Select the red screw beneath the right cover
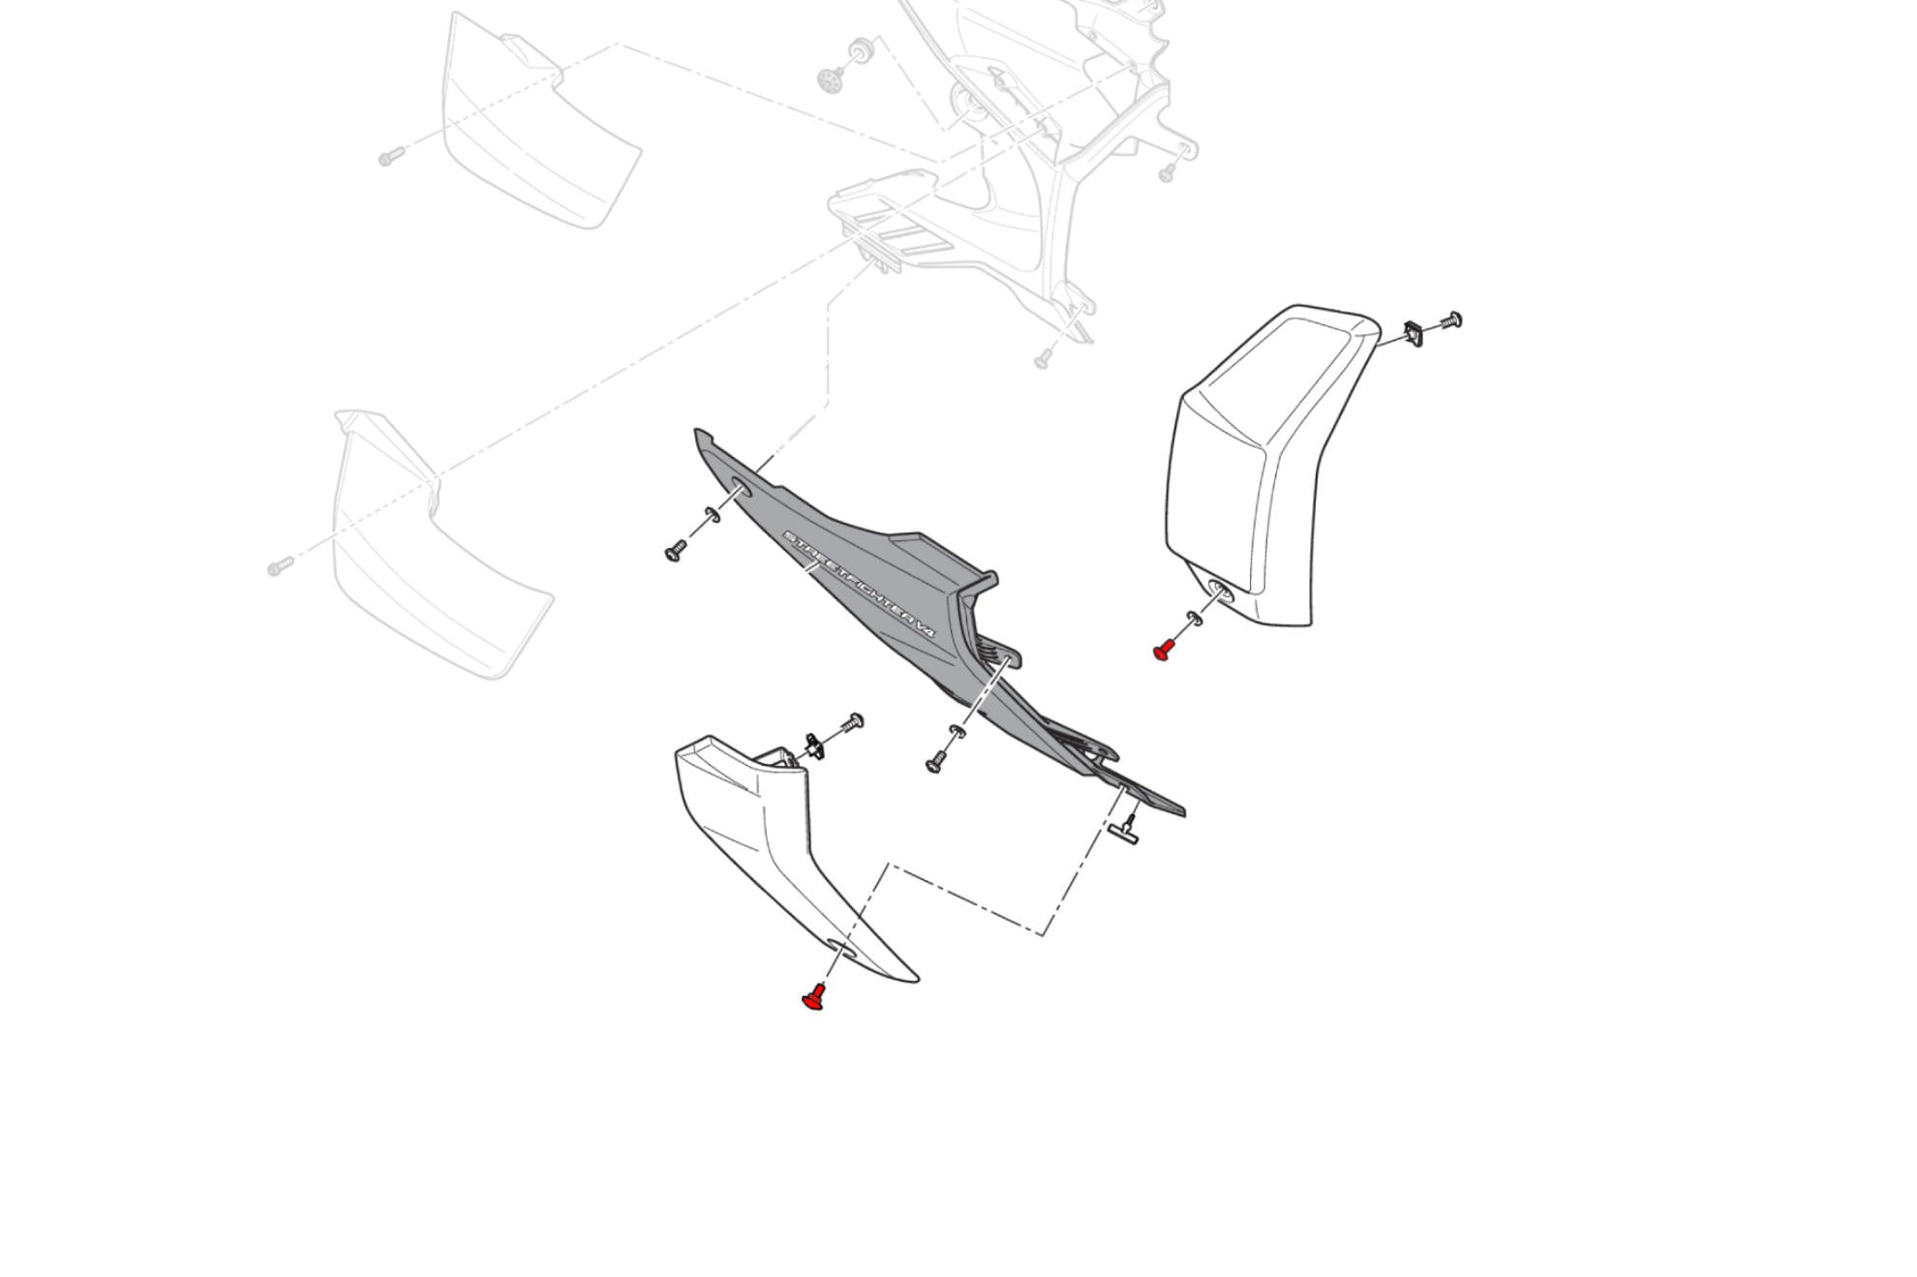[x=1163, y=650]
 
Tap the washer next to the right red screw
[x=1193, y=619]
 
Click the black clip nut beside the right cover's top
[x=1413, y=334]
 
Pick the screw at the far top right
[x=1451, y=320]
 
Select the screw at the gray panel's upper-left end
[x=675, y=552]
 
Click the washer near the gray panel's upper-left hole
[x=713, y=514]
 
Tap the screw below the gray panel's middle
[x=935, y=764]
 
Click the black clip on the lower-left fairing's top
[x=814, y=746]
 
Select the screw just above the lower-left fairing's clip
[x=854, y=721]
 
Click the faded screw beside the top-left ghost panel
[x=390, y=156]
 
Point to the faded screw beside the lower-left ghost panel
[x=280, y=565]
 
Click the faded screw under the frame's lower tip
[x=1043, y=359]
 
